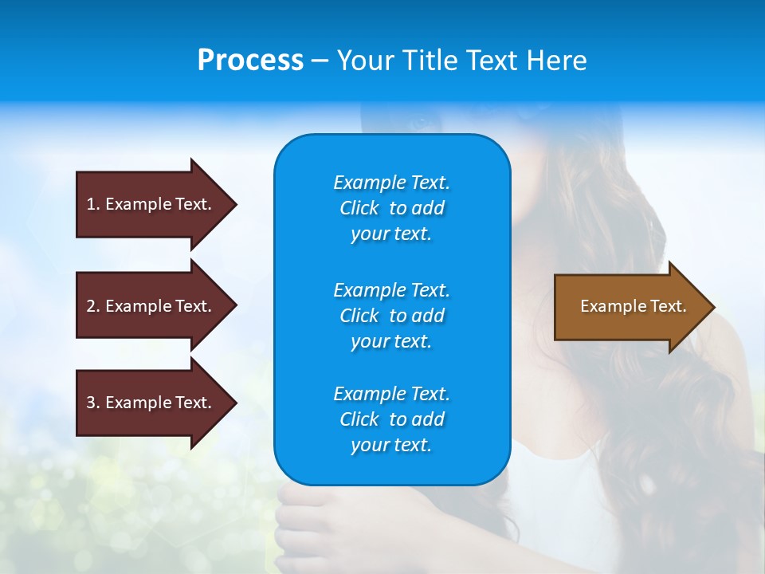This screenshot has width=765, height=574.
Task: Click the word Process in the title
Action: [250, 61]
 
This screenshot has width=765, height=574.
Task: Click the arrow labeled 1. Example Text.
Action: [151, 204]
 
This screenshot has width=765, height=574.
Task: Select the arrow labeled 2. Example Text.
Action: [151, 306]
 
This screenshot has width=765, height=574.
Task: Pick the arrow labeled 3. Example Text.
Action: [151, 403]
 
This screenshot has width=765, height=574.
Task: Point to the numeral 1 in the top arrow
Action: [91, 204]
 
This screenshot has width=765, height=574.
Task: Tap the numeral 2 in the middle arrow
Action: [91, 306]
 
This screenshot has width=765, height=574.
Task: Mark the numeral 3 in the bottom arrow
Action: [91, 403]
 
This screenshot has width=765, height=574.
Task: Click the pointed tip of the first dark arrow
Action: [233, 204]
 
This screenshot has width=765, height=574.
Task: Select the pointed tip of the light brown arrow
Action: [711, 307]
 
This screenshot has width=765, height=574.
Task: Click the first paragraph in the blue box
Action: [391, 208]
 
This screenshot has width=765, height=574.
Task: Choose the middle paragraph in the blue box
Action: [391, 315]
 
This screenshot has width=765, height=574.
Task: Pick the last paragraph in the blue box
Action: [391, 419]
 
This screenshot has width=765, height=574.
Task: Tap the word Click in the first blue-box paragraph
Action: [359, 208]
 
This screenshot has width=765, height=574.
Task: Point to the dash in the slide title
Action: [320, 61]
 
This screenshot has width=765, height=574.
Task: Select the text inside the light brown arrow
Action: [633, 306]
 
